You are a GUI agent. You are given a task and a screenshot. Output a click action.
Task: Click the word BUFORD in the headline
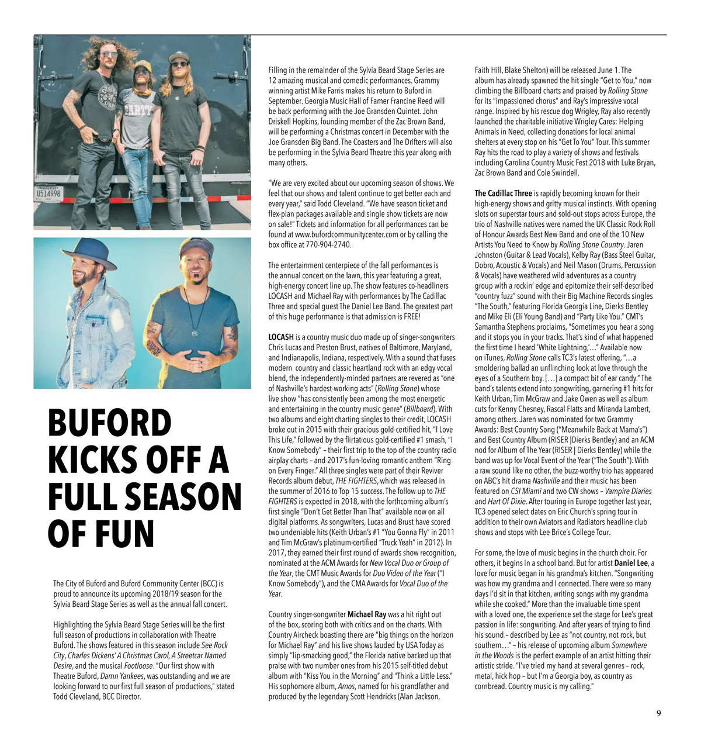pos(110,423)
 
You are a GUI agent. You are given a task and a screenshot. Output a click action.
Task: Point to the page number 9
pos(658,713)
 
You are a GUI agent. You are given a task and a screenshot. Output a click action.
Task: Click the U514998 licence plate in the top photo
pos(48,194)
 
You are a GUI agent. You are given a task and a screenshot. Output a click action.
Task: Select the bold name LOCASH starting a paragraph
pos(281,337)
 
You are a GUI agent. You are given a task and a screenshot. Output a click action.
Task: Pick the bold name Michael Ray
pos(367,614)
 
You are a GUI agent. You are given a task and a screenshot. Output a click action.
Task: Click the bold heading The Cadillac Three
pos(503,194)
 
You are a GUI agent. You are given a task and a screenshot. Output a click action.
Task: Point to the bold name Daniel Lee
pos(631,563)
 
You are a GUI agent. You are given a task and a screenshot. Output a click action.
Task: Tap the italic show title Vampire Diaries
pos(628,491)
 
